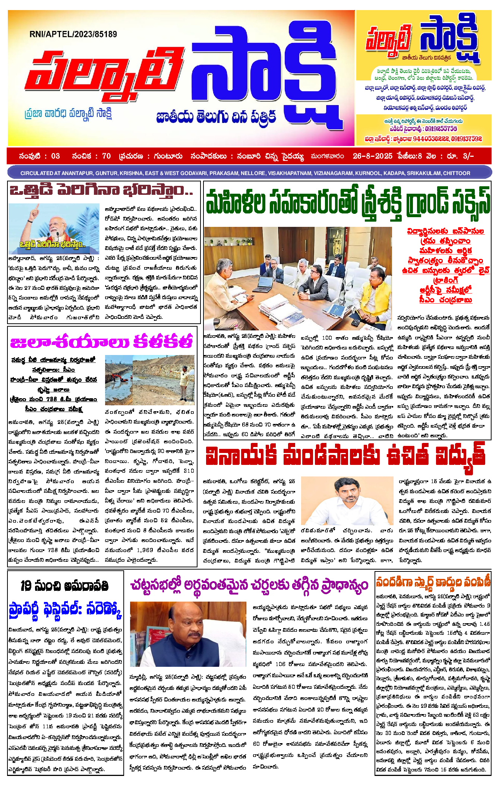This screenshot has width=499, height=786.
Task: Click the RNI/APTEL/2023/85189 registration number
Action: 73,34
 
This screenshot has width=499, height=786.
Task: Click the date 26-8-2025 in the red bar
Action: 372,156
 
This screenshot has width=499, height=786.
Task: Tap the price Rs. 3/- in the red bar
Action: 462,156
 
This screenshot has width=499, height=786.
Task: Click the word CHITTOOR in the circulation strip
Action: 457,173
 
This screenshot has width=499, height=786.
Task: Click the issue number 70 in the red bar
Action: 106,156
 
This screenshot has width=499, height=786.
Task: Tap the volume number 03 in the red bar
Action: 55,156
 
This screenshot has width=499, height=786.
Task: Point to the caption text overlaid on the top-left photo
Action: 53,244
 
